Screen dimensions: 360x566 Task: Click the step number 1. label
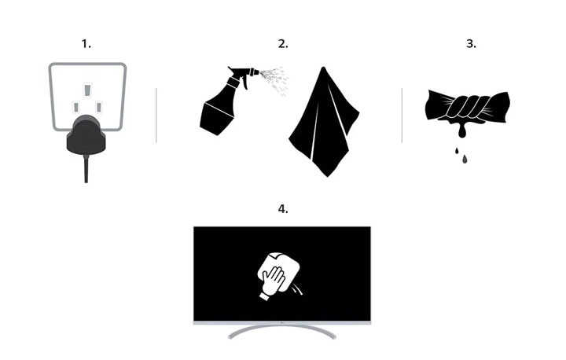(x=86, y=44)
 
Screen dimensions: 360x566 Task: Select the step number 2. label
(x=282, y=44)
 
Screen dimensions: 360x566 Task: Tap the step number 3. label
(x=471, y=44)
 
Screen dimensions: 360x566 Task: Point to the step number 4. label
(x=282, y=209)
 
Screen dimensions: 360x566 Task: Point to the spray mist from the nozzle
(x=274, y=78)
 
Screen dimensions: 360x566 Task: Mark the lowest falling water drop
(x=465, y=160)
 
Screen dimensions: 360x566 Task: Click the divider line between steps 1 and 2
(x=156, y=115)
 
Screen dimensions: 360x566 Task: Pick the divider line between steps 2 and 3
(x=402, y=115)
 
